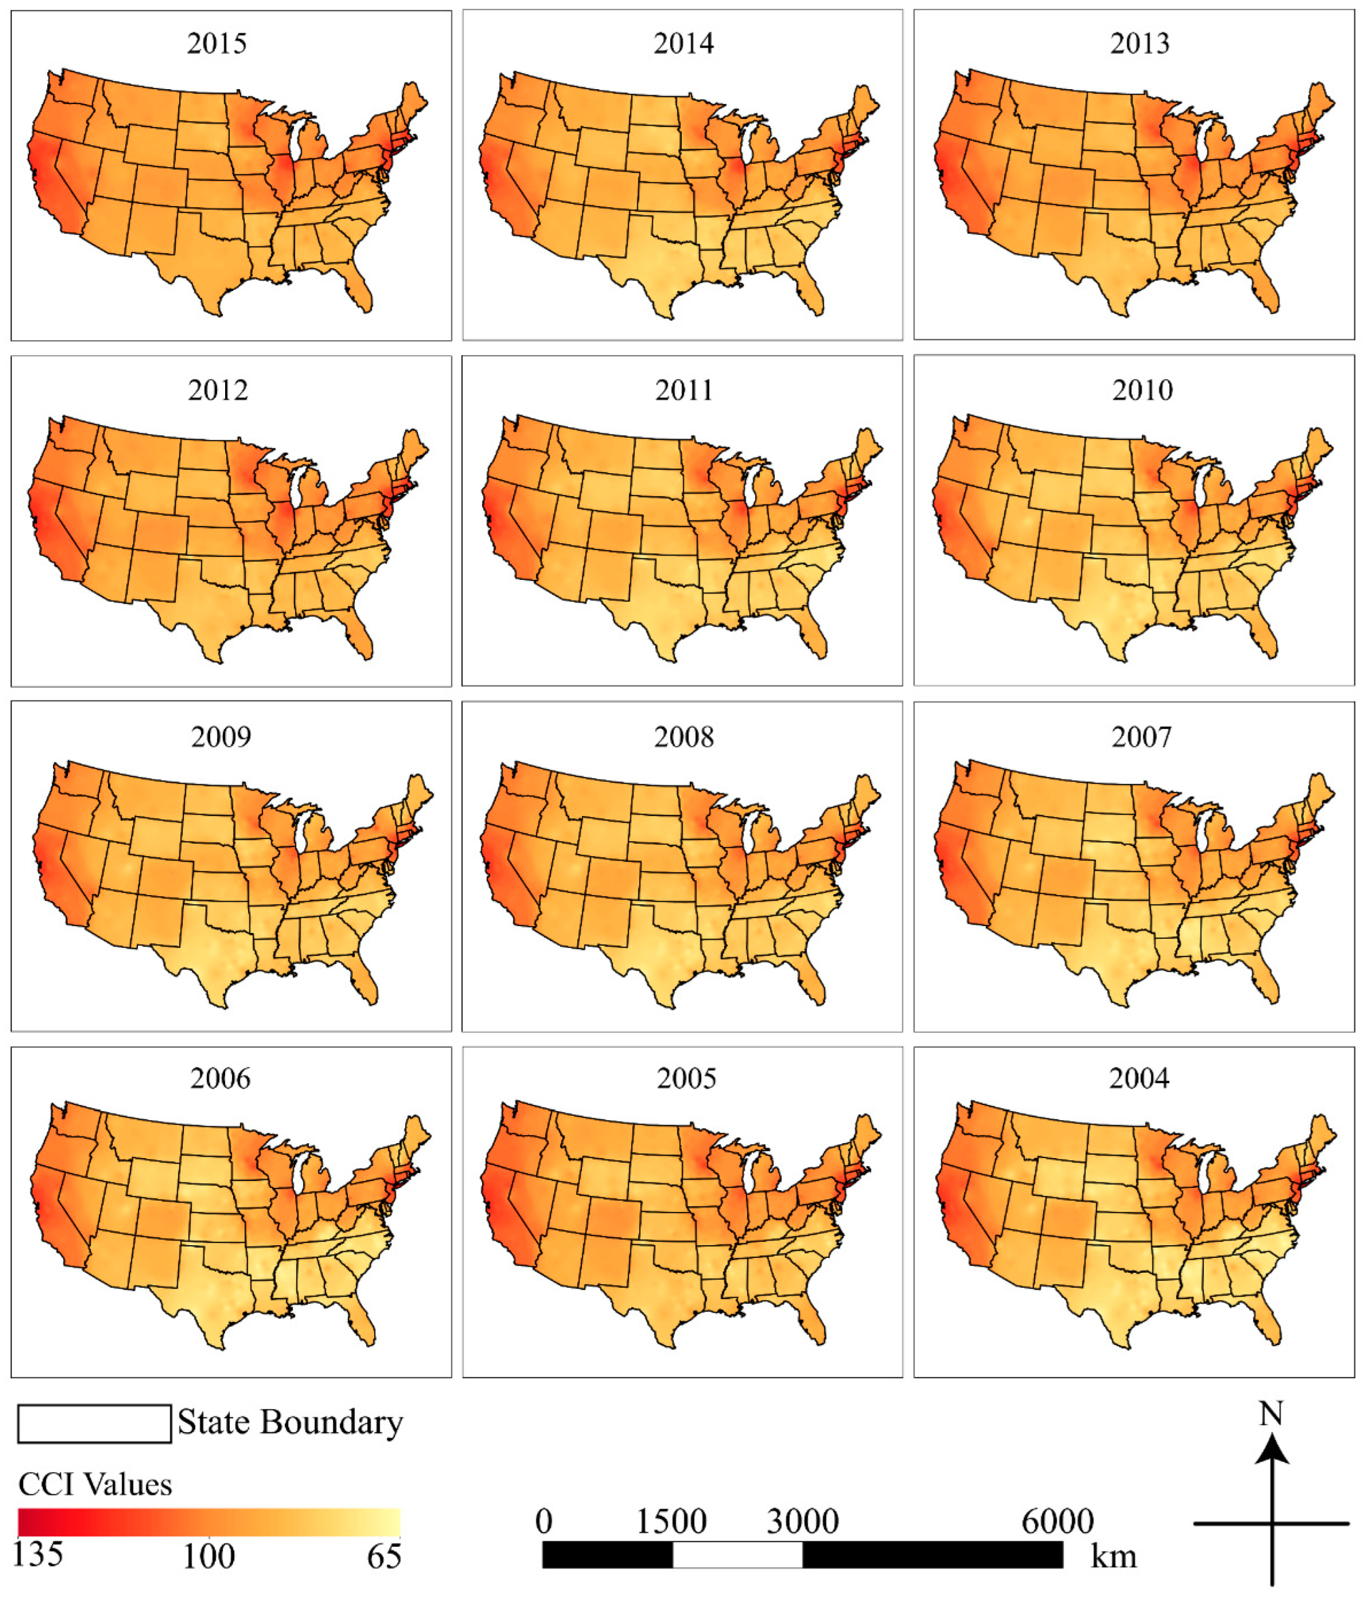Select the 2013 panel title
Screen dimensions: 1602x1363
1139,44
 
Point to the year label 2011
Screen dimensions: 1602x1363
684,390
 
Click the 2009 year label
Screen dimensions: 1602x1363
221,737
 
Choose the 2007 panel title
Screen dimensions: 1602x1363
1141,737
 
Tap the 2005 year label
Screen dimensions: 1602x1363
686,1078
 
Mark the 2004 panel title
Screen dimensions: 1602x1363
1139,1078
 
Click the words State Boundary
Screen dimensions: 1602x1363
290,1423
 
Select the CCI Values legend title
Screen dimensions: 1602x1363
95,1485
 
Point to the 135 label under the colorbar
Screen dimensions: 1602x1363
38,1554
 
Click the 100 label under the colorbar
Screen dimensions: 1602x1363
209,1556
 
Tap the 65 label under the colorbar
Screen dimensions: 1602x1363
383,1556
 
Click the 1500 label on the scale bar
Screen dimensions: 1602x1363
671,1522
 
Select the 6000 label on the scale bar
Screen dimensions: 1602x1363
1057,1522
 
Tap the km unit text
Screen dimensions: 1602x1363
1113,1556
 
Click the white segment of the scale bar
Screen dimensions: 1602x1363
737,1554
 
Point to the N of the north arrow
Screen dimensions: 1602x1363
1271,1413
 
